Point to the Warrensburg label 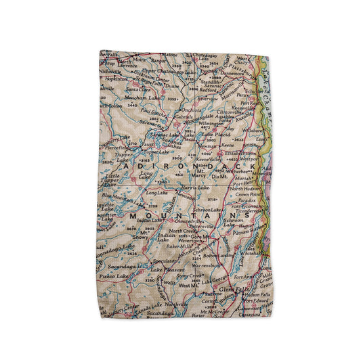point(207,264)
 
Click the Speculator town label point(166,261)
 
